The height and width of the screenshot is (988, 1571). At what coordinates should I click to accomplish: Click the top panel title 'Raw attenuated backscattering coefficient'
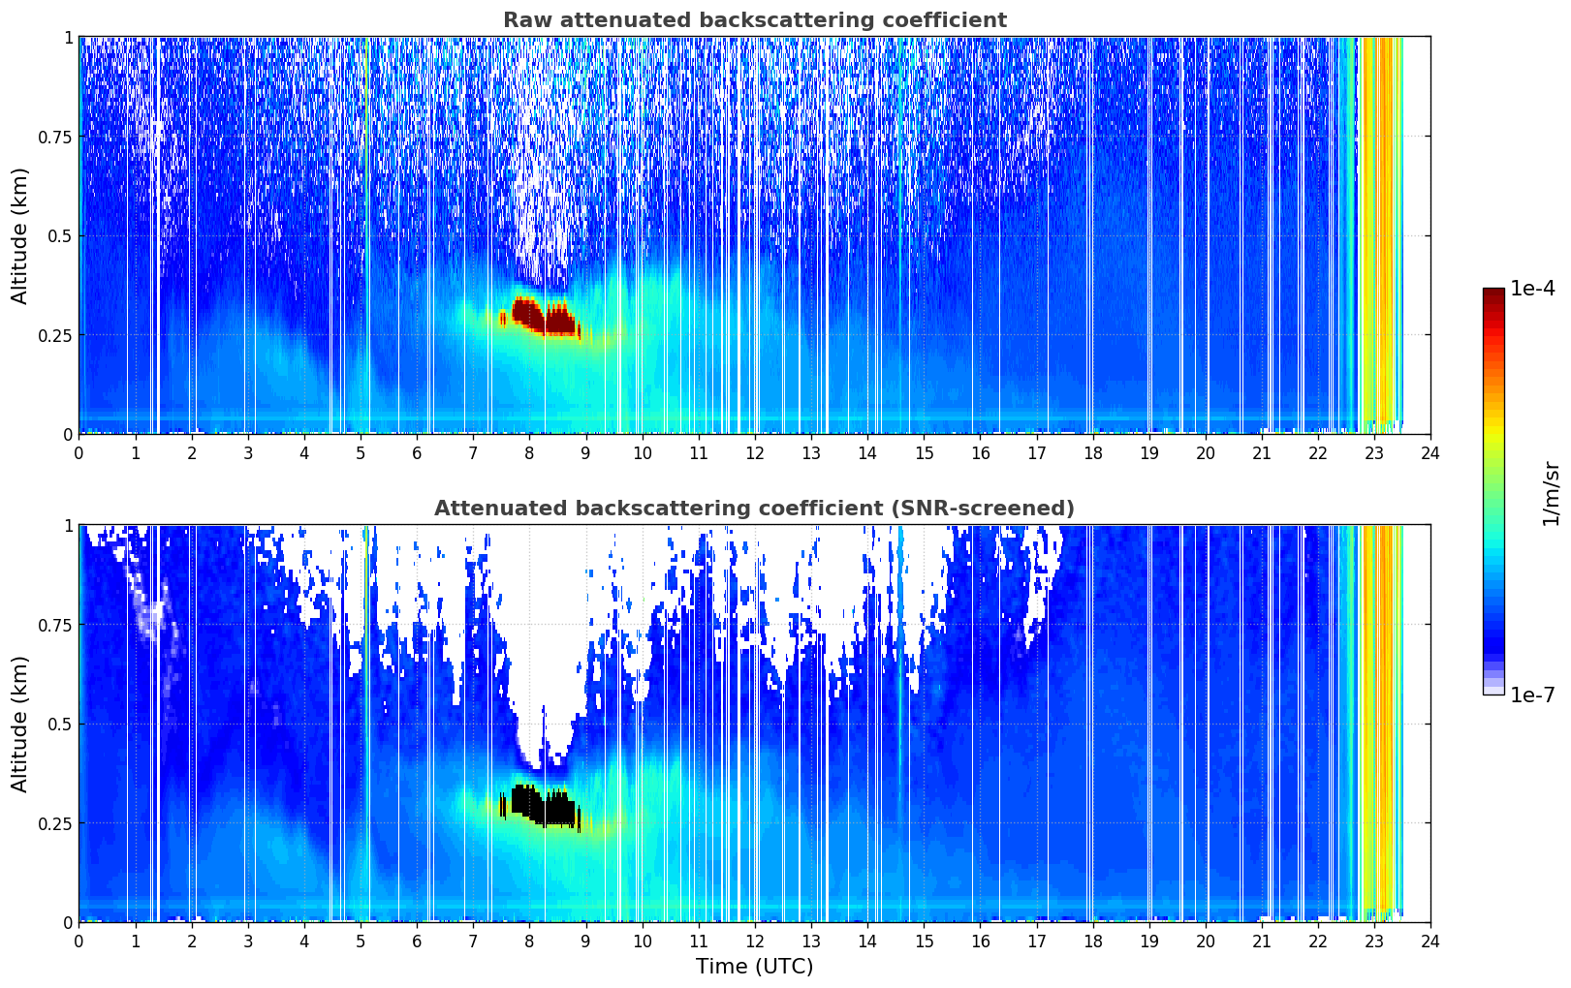click(755, 19)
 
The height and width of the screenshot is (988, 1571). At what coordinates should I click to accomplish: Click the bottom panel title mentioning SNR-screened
click(755, 508)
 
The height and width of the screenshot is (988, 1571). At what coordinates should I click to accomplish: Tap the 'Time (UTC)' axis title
click(755, 967)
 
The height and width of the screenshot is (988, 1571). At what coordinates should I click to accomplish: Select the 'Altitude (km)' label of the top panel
click(19, 236)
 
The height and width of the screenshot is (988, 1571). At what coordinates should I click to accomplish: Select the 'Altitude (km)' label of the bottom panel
click(19, 725)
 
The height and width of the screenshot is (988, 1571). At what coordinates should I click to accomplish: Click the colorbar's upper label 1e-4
click(1532, 288)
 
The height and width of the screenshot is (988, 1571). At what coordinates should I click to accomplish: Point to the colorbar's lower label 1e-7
click(1532, 695)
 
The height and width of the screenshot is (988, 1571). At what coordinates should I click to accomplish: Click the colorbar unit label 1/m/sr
click(1551, 493)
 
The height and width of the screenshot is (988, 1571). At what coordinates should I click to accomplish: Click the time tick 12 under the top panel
click(755, 453)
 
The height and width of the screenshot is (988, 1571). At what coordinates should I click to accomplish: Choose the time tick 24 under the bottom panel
click(1430, 942)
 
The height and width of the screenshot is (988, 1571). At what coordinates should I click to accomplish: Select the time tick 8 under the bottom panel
click(529, 942)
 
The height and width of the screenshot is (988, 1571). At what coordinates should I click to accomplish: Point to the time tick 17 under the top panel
click(1037, 453)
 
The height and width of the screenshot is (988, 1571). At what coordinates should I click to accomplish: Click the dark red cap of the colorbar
click(1493, 294)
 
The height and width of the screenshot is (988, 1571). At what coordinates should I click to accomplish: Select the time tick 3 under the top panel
click(247, 453)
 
